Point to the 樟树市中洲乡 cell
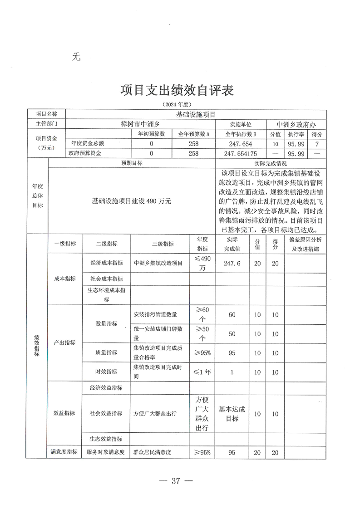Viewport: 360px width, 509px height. point(141,124)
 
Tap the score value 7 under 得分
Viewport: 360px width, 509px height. point(317,144)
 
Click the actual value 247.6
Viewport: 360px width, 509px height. point(232,263)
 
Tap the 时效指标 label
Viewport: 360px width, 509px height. point(106,372)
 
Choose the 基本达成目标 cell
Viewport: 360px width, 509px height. point(232,413)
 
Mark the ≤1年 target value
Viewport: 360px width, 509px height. point(202,372)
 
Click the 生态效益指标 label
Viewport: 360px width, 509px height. point(106,439)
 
